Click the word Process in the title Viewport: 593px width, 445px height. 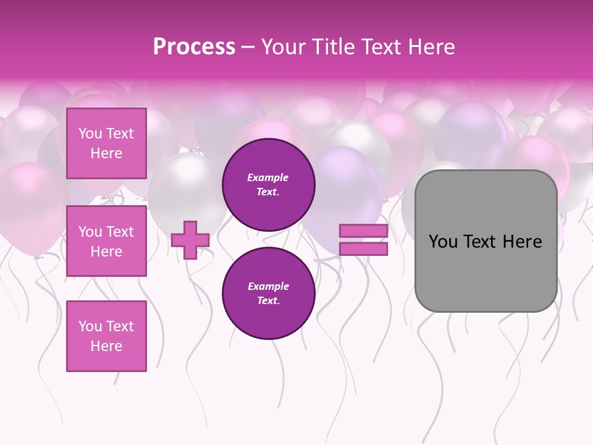point(194,47)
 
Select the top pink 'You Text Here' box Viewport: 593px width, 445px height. point(106,143)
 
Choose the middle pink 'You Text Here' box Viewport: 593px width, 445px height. point(106,241)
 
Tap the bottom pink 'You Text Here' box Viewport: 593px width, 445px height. point(106,336)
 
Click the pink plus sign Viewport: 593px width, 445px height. point(190,239)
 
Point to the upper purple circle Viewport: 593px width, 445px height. point(268,184)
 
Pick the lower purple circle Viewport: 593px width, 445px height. point(268,293)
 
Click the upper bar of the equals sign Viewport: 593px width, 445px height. point(363,231)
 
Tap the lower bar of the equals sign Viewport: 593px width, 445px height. point(363,249)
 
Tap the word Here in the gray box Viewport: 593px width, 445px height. point(522,242)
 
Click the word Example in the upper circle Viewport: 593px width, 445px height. point(268,177)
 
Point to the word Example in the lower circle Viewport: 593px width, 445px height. point(268,286)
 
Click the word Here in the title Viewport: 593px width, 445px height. point(431,47)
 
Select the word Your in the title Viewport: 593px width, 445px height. point(284,47)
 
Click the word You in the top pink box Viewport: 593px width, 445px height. point(90,133)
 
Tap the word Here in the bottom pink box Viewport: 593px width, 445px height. point(106,346)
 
